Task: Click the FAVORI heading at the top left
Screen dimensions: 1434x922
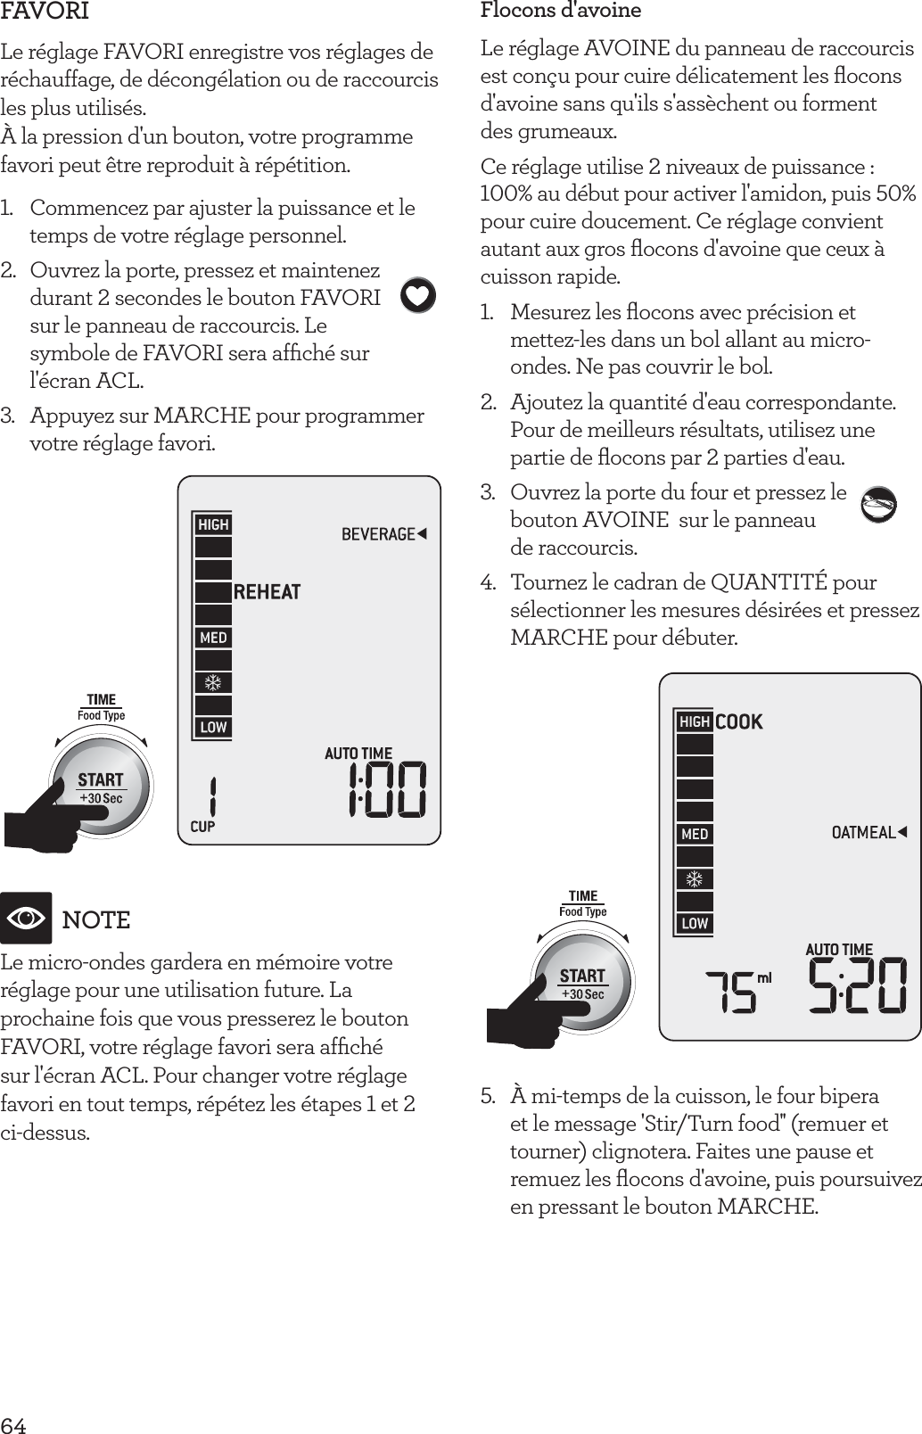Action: click(45, 12)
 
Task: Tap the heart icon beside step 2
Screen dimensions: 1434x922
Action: click(418, 296)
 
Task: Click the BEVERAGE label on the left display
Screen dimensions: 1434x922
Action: click(383, 534)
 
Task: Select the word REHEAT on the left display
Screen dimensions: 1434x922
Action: click(267, 592)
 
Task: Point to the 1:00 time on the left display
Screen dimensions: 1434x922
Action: click(387, 790)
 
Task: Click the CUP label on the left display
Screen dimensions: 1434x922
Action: click(202, 827)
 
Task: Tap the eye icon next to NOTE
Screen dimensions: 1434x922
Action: click(27, 918)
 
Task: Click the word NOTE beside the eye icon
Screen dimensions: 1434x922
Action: click(96, 919)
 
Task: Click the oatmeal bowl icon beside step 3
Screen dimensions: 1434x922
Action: click(878, 505)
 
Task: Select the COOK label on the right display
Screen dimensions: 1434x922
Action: click(739, 721)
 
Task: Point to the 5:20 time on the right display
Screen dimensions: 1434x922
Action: click(858, 986)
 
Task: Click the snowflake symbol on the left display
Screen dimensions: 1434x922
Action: click(213, 683)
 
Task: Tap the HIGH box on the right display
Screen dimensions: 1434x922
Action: click(695, 721)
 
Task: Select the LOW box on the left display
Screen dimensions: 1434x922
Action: click(213, 728)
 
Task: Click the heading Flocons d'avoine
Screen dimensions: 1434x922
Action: click(561, 11)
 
